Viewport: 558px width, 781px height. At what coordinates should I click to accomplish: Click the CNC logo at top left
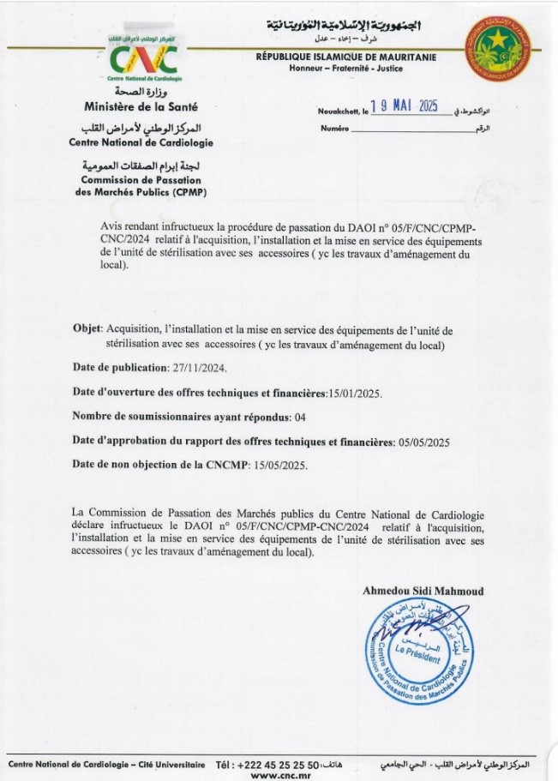[144, 58]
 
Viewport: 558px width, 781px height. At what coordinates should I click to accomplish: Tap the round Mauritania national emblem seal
[498, 45]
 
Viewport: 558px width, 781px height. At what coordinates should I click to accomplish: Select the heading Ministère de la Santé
[141, 107]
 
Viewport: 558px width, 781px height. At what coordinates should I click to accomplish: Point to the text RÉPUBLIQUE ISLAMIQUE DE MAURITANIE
[345, 57]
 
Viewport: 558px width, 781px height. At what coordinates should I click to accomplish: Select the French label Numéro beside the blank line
[335, 128]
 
